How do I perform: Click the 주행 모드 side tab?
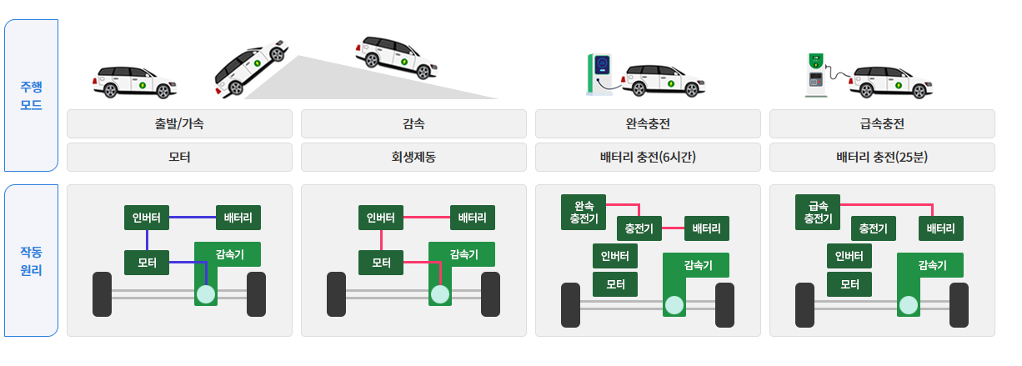(x=31, y=95)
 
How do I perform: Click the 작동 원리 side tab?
(x=31, y=260)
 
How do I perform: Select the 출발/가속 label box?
(x=179, y=123)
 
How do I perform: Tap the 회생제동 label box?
(x=413, y=157)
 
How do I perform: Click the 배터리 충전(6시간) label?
(x=648, y=157)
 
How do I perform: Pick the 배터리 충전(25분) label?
(x=882, y=157)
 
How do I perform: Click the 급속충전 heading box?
(x=882, y=123)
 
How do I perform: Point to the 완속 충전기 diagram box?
(x=584, y=212)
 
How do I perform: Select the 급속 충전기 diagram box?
(x=818, y=212)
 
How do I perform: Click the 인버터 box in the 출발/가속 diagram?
(x=147, y=218)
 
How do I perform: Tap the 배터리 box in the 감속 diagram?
(x=473, y=218)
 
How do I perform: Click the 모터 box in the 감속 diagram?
(x=381, y=262)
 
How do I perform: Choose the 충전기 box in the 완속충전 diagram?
(x=639, y=228)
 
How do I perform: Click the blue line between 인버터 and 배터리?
(x=193, y=218)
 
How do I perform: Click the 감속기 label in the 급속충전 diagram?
(x=932, y=265)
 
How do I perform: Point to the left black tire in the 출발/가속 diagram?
(x=102, y=293)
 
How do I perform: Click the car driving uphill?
(x=248, y=65)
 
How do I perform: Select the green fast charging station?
(x=816, y=75)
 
